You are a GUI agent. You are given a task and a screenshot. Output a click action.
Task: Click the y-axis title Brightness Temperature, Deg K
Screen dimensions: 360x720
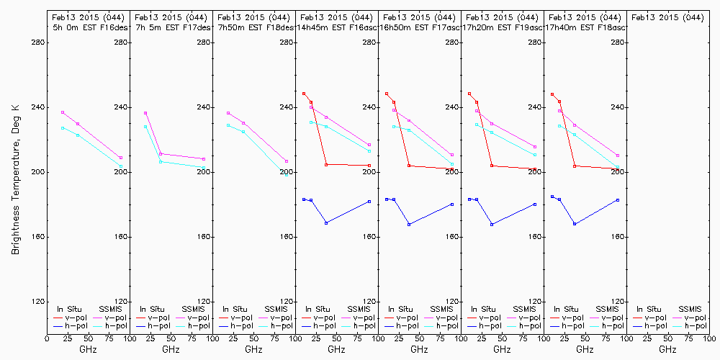[14, 179]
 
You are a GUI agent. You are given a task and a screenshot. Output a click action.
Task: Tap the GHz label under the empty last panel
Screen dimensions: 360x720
[667, 349]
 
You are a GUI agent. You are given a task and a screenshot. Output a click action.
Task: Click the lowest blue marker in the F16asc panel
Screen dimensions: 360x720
[326, 223]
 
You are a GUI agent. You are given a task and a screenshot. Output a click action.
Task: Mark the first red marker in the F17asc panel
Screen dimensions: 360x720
[387, 94]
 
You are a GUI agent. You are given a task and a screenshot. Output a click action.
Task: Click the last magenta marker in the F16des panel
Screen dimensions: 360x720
[121, 158]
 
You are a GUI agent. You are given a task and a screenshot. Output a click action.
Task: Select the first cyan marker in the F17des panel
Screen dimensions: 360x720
[145, 127]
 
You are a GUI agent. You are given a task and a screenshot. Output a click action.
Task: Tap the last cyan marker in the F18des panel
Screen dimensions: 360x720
[286, 174]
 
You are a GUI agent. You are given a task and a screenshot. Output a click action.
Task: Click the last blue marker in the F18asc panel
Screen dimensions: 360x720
[618, 199]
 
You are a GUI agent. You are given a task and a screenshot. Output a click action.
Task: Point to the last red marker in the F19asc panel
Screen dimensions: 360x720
[535, 169]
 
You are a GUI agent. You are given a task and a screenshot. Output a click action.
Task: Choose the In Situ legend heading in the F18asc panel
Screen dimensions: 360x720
[565, 309]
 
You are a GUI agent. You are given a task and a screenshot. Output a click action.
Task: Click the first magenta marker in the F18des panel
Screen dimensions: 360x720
[228, 113]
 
